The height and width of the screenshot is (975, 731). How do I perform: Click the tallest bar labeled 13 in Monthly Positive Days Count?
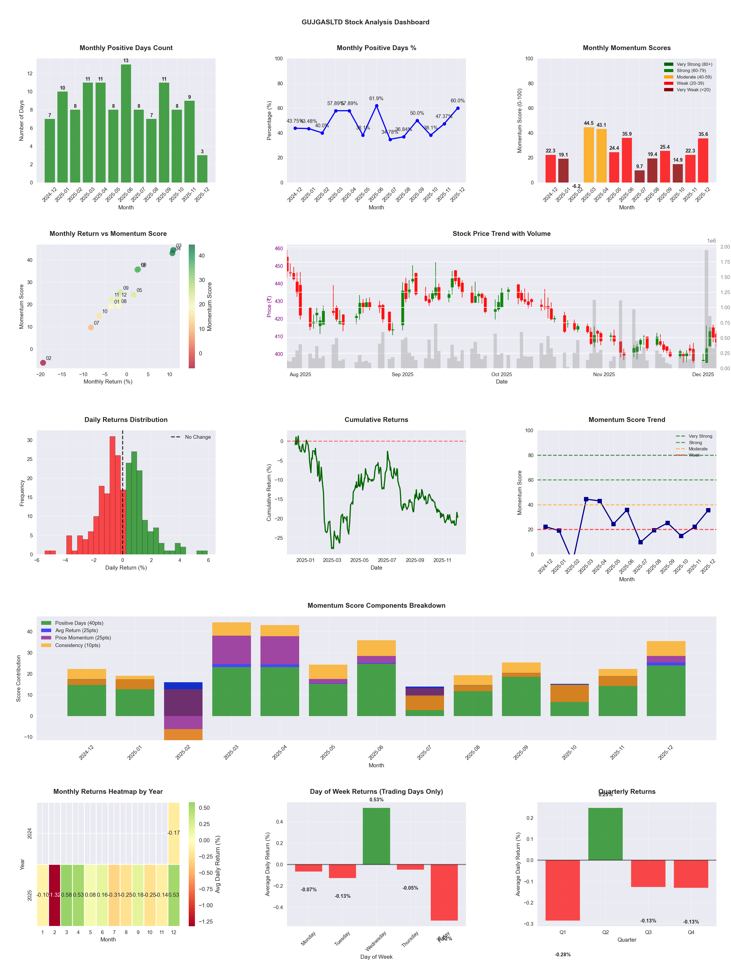pos(126,123)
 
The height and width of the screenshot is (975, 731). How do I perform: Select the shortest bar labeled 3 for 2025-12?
pos(202,169)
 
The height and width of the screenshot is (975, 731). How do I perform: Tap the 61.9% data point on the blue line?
pos(376,106)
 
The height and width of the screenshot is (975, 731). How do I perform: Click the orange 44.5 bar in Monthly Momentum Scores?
pos(588,155)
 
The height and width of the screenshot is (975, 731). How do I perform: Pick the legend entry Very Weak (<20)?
pos(693,90)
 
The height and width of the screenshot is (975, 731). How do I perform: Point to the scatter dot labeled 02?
pos(43,363)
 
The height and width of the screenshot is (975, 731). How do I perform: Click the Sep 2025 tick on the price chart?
pos(402,375)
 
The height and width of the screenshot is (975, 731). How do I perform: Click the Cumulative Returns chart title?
pos(376,420)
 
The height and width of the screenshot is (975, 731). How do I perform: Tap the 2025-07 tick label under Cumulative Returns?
pos(387,560)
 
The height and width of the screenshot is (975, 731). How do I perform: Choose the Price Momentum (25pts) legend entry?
pos(83,638)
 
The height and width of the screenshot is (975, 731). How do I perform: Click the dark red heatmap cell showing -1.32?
pos(55,895)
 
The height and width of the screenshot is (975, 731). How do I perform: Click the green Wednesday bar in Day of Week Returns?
pos(376,836)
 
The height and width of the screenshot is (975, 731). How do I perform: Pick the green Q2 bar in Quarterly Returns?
pos(605,834)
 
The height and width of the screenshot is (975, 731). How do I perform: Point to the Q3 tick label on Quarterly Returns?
pos(648,932)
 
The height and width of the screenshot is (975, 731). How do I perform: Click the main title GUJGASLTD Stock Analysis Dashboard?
pos(365,22)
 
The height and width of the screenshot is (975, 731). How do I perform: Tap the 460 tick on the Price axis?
pos(279,249)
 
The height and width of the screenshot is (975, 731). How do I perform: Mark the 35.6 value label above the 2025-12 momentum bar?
pos(703,134)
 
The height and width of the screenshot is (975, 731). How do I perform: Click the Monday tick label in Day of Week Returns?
pos(308,939)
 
